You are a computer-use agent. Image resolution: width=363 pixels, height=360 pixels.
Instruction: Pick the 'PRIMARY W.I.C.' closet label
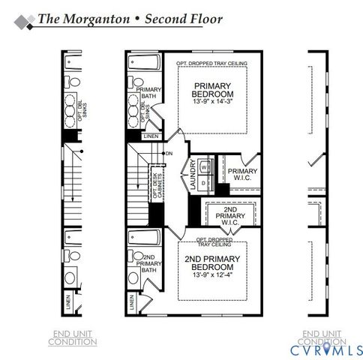(241, 175)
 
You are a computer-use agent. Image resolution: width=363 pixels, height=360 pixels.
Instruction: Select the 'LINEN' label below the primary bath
(151, 135)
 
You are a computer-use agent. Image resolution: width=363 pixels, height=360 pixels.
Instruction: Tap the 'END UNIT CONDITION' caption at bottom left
(72, 338)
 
